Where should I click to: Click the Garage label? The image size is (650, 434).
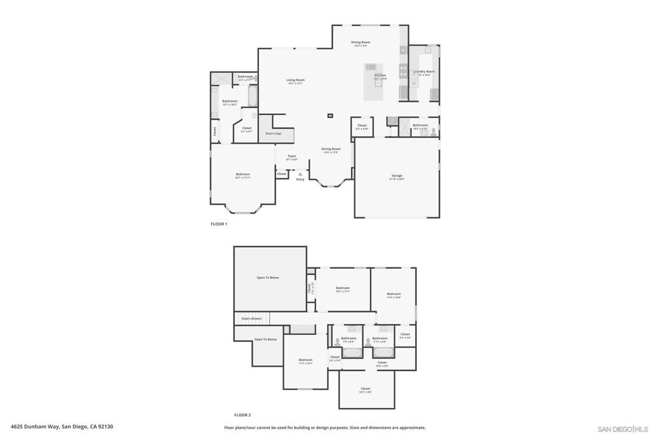[397, 176]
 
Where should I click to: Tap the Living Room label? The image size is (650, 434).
[296, 80]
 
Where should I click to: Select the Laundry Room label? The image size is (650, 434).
[424, 72]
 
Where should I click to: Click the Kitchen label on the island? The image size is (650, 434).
[380, 76]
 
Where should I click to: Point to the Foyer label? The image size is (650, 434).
[292, 156]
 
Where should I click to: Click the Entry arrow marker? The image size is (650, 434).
[300, 174]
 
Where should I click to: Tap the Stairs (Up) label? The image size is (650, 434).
[274, 133]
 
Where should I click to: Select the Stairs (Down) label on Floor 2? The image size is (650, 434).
[251, 318]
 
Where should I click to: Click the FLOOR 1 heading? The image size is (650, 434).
[218, 224]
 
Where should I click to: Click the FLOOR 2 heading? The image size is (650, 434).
[242, 414]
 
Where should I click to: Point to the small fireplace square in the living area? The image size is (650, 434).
[330, 116]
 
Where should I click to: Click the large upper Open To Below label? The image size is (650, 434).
[268, 278]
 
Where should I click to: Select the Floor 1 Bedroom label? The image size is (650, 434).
[243, 175]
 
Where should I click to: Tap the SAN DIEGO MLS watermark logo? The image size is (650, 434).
[623, 429]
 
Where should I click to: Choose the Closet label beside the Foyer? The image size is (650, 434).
[282, 173]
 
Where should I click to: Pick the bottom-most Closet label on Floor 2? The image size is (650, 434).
[366, 389]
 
